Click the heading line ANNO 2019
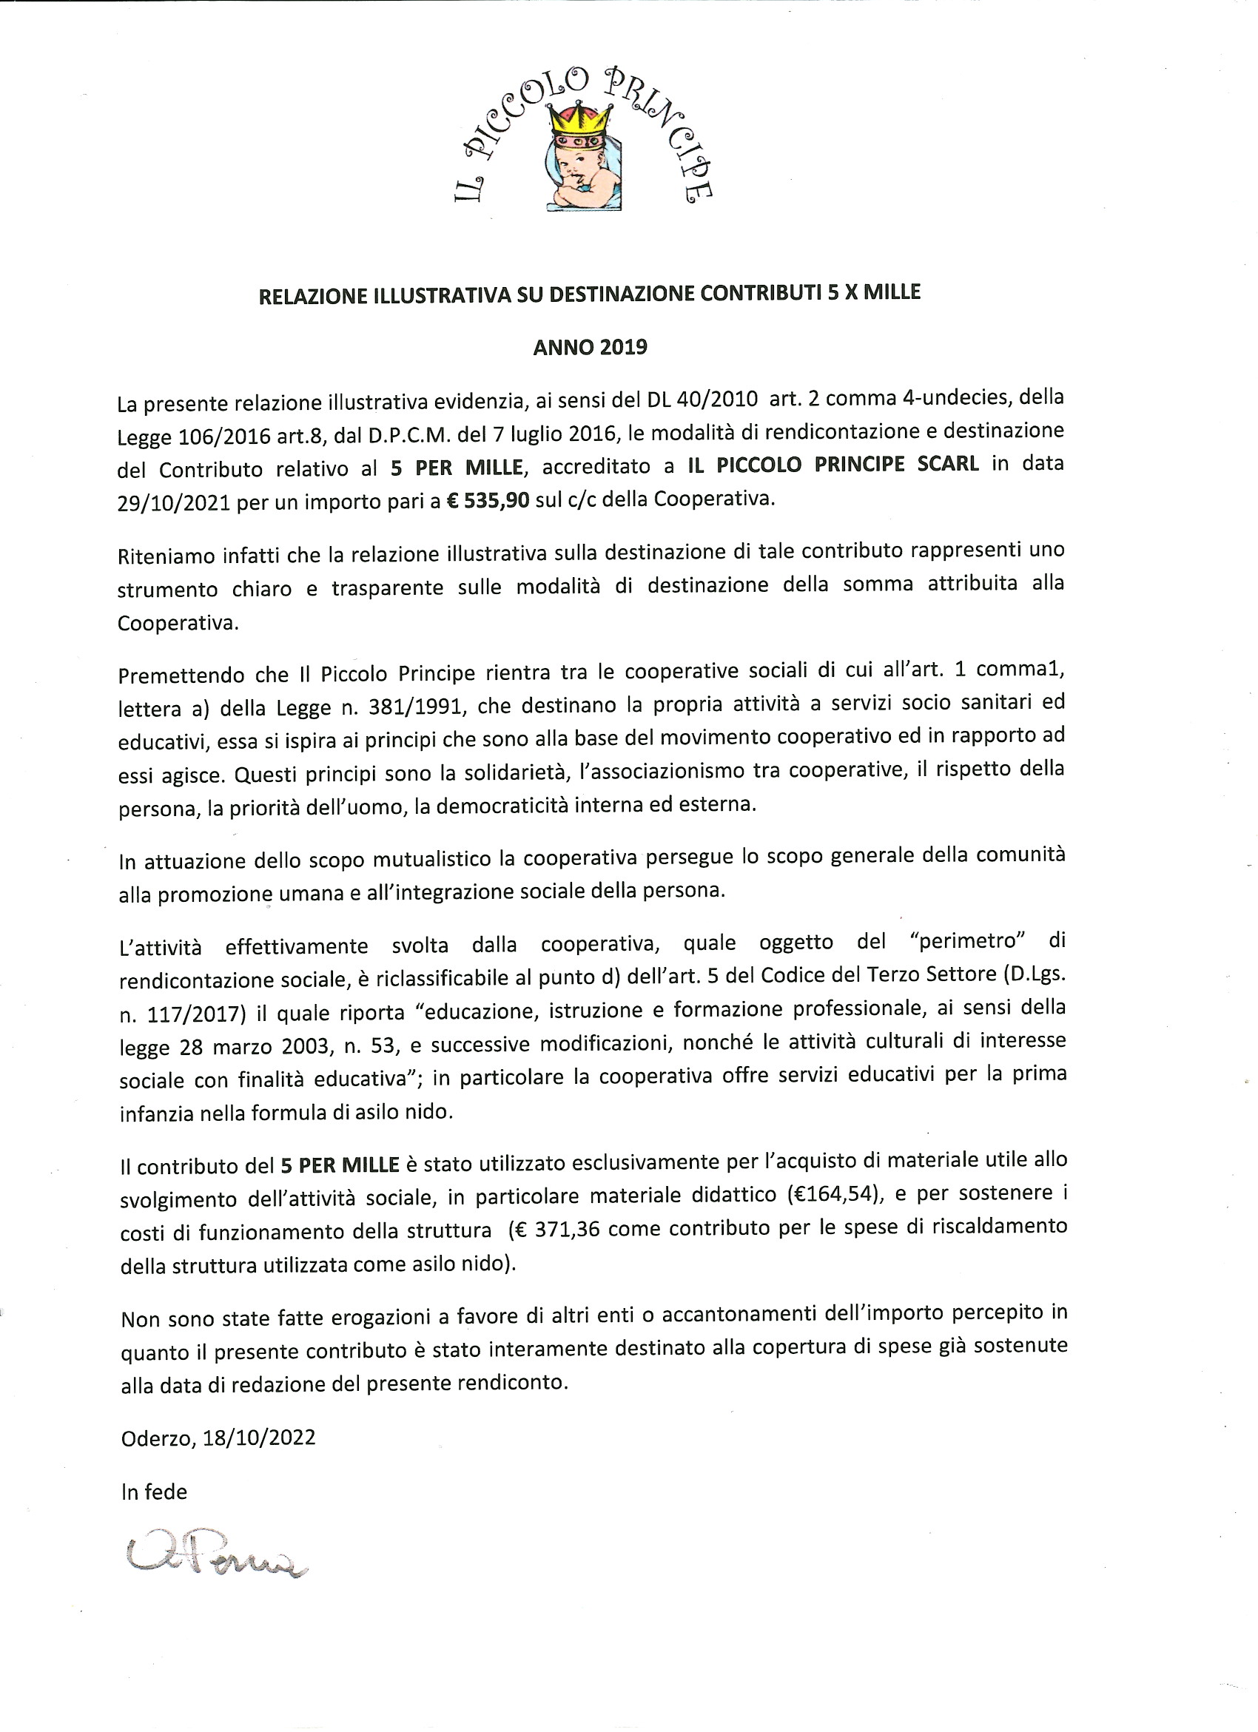pyautogui.click(x=590, y=348)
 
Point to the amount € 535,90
pyautogui.click(x=488, y=500)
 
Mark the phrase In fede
pyautogui.click(x=153, y=1492)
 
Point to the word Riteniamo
pyautogui.click(x=165, y=556)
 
